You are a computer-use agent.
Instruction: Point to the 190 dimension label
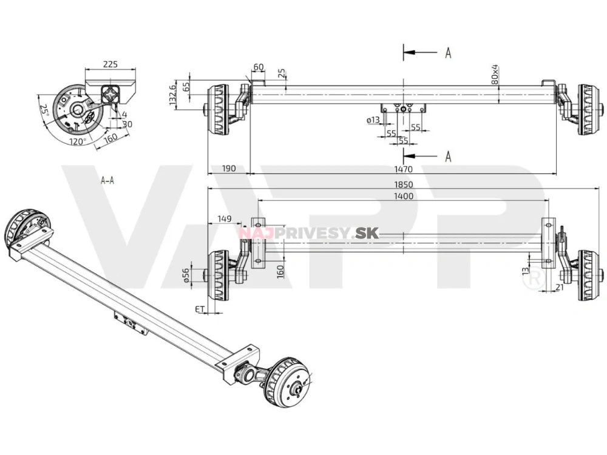coord(228,169)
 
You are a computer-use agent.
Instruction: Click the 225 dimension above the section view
coord(110,63)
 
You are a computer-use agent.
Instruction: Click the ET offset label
coord(199,309)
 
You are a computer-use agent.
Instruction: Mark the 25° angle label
coord(44,111)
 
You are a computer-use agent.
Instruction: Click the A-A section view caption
coord(107,180)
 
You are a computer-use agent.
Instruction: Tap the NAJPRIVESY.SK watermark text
coord(309,232)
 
